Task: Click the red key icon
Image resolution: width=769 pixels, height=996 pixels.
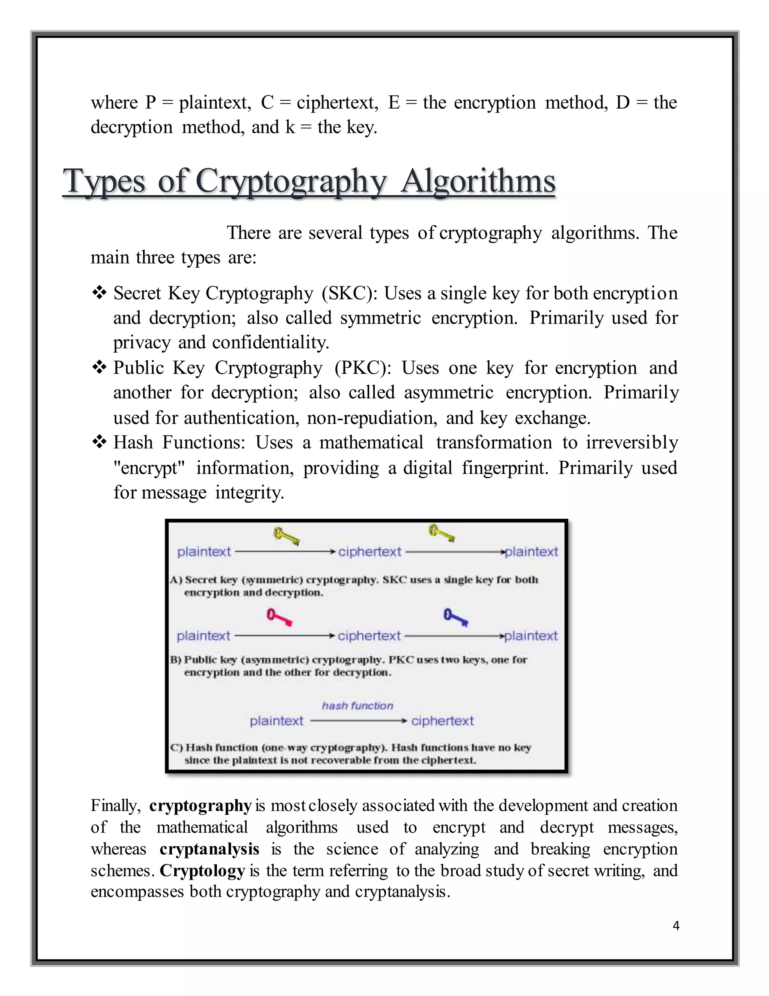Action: tap(279, 618)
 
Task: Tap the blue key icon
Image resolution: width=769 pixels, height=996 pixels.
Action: tap(455, 618)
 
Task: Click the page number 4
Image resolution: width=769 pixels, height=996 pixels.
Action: tap(676, 925)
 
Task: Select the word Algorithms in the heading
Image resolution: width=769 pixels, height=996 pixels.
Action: tap(478, 181)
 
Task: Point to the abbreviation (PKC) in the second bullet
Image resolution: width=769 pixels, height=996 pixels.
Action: tap(363, 368)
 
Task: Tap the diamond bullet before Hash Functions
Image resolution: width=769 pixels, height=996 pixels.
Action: tap(99, 442)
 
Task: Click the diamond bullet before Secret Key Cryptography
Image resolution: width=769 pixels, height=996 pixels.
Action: tap(99, 292)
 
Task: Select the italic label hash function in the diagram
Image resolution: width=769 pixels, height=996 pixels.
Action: tap(357, 705)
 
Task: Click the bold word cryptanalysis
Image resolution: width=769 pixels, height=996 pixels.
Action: tap(209, 849)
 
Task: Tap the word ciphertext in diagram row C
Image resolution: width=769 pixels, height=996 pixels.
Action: tap(442, 721)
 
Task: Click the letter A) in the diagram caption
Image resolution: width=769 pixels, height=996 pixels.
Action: tap(176, 580)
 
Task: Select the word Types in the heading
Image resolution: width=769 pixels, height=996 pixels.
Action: tap(104, 181)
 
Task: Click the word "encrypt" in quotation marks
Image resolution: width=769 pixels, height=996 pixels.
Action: tap(149, 468)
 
